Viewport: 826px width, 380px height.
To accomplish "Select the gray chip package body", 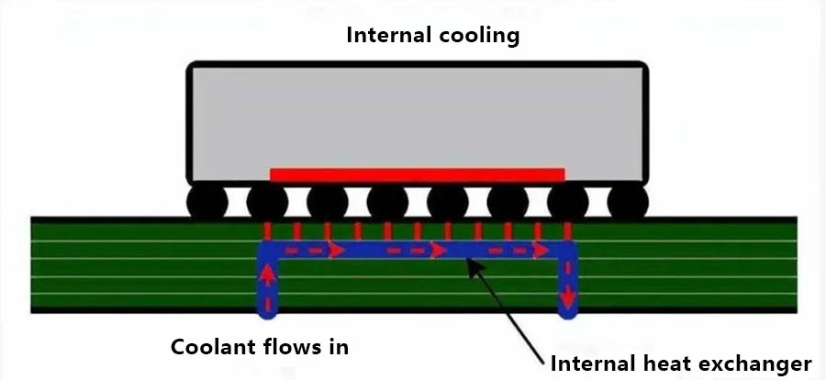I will (418, 117).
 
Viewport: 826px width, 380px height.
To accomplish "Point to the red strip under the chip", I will (418, 174).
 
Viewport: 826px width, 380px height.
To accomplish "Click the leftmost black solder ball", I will (207, 202).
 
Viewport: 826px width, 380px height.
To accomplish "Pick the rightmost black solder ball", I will (628, 202).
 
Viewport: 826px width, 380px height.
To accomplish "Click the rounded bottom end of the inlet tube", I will (267, 310).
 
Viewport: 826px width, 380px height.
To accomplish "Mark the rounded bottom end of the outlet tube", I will (569, 310).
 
